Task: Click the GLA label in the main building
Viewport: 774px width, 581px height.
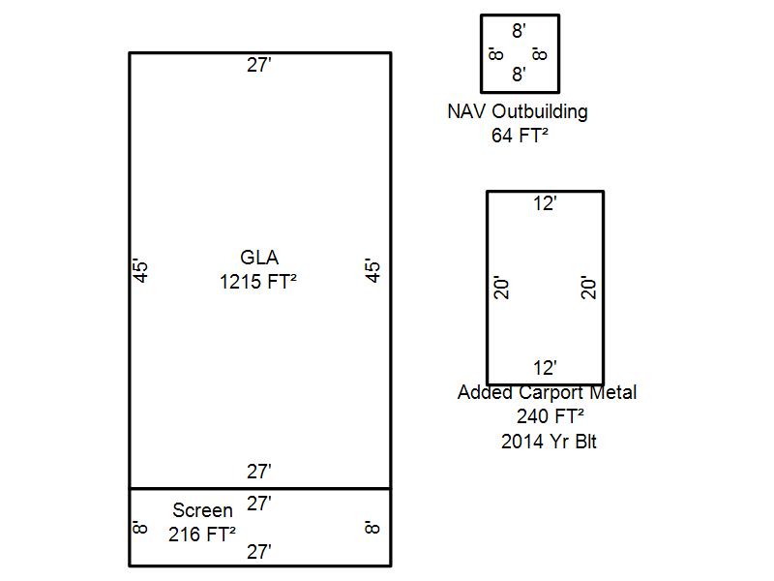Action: [x=259, y=258]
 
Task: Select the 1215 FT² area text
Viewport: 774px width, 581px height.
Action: [x=258, y=282]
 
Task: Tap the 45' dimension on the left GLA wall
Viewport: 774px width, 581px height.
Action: [x=140, y=271]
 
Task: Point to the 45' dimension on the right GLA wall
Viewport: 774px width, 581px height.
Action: [x=372, y=270]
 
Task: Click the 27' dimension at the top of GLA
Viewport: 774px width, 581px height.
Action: [x=259, y=65]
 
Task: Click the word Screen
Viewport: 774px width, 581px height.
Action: [x=202, y=510]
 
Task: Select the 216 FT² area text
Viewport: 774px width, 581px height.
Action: [x=202, y=535]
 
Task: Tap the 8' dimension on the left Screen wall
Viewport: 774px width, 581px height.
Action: [x=140, y=527]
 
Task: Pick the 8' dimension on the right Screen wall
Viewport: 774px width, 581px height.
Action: [x=372, y=527]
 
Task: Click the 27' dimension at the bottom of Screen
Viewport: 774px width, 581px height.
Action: [x=259, y=552]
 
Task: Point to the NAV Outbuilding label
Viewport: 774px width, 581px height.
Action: [x=518, y=111]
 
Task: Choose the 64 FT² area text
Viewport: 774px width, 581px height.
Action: [x=520, y=136]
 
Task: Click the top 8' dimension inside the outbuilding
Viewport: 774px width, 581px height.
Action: [x=519, y=31]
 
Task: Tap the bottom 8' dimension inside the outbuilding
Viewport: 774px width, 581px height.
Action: [x=519, y=75]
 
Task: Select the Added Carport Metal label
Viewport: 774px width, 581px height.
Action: [x=547, y=392]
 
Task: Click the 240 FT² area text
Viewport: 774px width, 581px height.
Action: [x=551, y=416]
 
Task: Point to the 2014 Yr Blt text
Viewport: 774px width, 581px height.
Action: [x=549, y=442]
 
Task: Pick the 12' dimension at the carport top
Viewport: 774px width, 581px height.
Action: [x=546, y=203]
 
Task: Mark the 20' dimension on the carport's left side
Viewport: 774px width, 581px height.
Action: [x=501, y=288]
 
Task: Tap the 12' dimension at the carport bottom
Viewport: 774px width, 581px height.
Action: [x=546, y=368]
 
